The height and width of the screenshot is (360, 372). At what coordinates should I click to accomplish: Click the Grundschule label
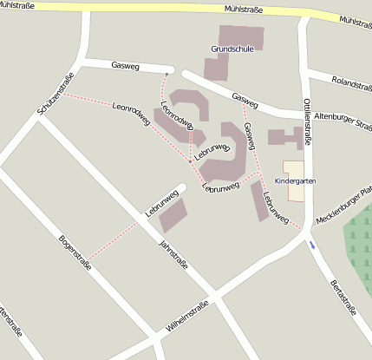pos(232,49)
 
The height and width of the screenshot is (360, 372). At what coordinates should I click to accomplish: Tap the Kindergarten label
pos(295,180)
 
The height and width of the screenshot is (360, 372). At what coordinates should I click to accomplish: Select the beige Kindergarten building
pos(295,169)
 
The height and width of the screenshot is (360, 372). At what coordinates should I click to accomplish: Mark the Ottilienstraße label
pos(309,121)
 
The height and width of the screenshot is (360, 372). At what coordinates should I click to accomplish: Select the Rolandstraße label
pos(351,83)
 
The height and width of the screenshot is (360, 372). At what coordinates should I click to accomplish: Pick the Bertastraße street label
pos(344,298)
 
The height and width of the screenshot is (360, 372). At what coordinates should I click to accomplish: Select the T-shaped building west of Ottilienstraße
pos(287,137)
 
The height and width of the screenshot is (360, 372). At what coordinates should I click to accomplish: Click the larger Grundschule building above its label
pos(240,36)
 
